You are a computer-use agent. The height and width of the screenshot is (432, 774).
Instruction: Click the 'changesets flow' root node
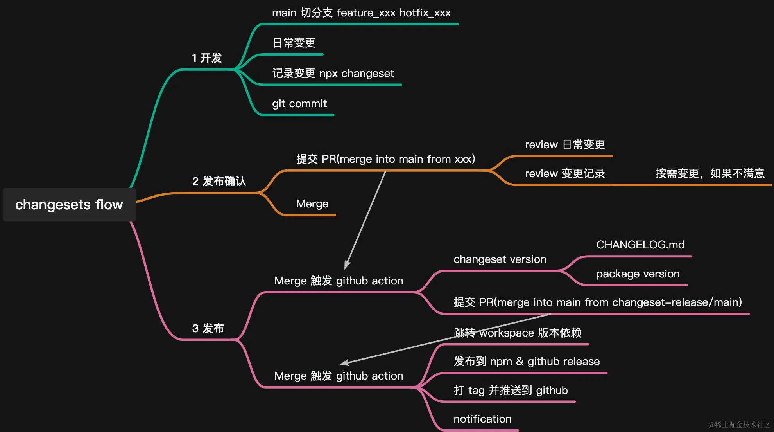pyautogui.click(x=69, y=205)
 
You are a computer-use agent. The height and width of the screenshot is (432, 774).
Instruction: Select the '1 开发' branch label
pyautogui.click(x=207, y=58)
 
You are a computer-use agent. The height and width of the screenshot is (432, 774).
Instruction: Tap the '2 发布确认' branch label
pyautogui.click(x=219, y=181)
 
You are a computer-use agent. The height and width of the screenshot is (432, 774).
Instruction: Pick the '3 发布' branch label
pyautogui.click(x=208, y=328)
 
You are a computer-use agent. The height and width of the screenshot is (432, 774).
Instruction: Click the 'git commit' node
pyautogui.click(x=299, y=104)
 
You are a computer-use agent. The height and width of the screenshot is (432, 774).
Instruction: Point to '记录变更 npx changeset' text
pyautogui.click(x=333, y=74)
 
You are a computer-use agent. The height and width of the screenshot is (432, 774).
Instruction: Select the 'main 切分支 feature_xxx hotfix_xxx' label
pyautogui.click(x=361, y=13)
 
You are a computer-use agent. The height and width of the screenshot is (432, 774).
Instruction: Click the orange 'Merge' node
pyautogui.click(x=312, y=204)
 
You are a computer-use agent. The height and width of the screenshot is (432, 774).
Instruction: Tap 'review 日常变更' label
pyautogui.click(x=565, y=145)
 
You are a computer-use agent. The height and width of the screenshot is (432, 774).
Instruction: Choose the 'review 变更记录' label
pyautogui.click(x=565, y=174)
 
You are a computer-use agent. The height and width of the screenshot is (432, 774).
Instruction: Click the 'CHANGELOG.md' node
pyautogui.click(x=640, y=245)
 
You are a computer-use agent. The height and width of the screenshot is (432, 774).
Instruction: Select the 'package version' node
pyautogui.click(x=638, y=274)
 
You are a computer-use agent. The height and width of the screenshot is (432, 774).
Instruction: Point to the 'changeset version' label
pyautogui.click(x=500, y=259)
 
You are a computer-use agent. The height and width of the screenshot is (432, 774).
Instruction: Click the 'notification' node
pyautogui.click(x=482, y=419)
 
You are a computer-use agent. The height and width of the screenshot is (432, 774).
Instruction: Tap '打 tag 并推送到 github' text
pyautogui.click(x=511, y=391)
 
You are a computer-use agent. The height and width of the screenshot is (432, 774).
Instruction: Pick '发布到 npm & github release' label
pyautogui.click(x=527, y=362)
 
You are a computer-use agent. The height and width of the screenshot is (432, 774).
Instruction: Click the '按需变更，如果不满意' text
pyautogui.click(x=710, y=174)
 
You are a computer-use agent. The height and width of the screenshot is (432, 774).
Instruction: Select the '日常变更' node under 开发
pyautogui.click(x=294, y=43)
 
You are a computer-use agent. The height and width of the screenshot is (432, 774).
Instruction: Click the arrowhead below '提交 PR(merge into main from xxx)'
pyautogui.click(x=347, y=265)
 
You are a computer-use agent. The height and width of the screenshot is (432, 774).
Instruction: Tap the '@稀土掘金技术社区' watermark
pyautogui.click(x=739, y=425)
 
